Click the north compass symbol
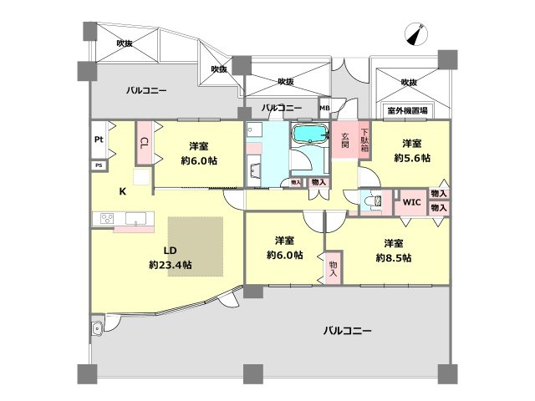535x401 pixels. click(x=415, y=33)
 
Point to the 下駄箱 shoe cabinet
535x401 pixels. click(x=364, y=138)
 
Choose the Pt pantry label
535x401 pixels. click(x=99, y=140)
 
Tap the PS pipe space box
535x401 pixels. click(x=99, y=165)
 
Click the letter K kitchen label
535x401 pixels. click(x=122, y=191)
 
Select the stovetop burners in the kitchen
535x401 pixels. click(x=107, y=219)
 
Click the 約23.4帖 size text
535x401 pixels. click(x=170, y=264)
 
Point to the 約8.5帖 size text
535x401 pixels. click(x=393, y=258)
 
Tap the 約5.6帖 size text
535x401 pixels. click(x=412, y=157)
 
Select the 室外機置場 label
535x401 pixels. click(x=407, y=109)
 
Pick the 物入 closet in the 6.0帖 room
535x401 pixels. click(x=333, y=267)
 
